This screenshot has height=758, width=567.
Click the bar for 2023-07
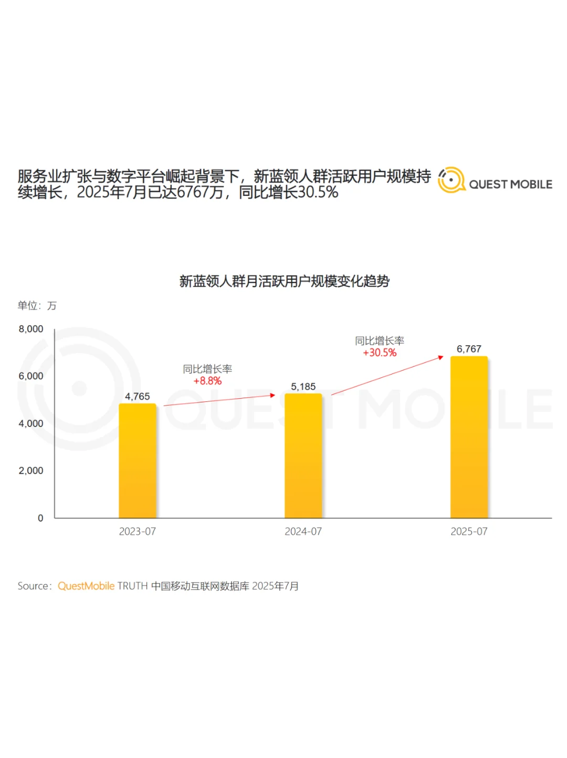pyautogui.click(x=138, y=461)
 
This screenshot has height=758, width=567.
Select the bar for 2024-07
pyautogui.click(x=303, y=455)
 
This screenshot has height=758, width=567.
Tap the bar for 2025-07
pyautogui.click(x=469, y=437)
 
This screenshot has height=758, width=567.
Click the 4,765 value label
pyautogui.click(x=138, y=397)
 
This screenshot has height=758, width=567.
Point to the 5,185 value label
pyautogui.click(x=303, y=387)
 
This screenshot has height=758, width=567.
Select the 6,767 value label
pyautogui.click(x=469, y=349)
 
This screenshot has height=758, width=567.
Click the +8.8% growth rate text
pyautogui.click(x=207, y=381)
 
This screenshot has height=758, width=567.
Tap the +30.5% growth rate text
pyautogui.click(x=380, y=352)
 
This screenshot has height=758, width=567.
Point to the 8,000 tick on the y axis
pyautogui.click(x=31, y=329)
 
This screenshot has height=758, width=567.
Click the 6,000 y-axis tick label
pyautogui.click(x=31, y=376)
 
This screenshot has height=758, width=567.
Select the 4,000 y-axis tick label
pyautogui.click(x=31, y=423)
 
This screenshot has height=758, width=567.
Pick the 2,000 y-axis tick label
pyautogui.click(x=31, y=471)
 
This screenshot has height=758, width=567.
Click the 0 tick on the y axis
pyautogui.click(x=40, y=518)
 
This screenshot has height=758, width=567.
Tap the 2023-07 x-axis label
pyautogui.click(x=138, y=532)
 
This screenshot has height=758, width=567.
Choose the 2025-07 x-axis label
pyautogui.click(x=469, y=532)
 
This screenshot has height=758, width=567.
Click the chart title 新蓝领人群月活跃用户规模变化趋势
pyautogui.click(x=284, y=282)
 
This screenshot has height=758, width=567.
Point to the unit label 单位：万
pyautogui.click(x=37, y=306)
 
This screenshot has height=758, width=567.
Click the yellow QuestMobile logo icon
pyautogui.click(x=451, y=180)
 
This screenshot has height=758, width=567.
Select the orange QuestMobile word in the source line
pyautogui.click(x=86, y=586)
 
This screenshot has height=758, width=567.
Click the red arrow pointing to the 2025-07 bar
pyautogui.click(x=387, y=376)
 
